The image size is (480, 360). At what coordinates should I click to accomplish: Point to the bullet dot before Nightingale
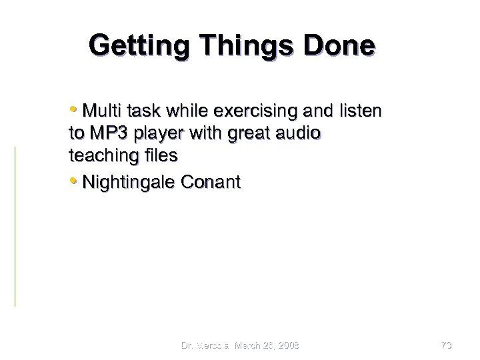click(73, 181)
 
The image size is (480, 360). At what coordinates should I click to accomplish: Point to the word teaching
click(99, 156)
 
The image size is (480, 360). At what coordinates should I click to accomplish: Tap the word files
click(159, 156)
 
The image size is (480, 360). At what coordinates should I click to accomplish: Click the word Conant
click(213, 181)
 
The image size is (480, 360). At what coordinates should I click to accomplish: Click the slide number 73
click(446, 345)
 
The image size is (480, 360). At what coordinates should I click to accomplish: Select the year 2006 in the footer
click(286, 345)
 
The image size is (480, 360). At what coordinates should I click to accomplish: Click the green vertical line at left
click(15, 227)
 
